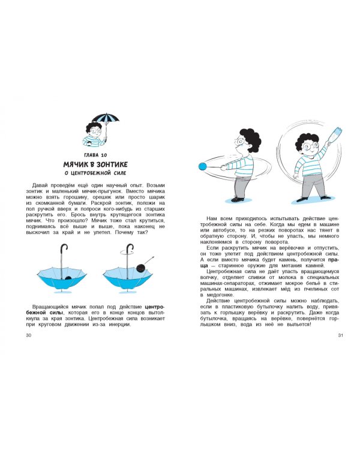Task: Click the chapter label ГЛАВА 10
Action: point(95,155)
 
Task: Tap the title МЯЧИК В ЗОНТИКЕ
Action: point(95,164)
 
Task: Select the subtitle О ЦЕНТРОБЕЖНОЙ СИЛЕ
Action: point(95,173)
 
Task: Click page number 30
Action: point(29,335)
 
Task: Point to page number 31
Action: point(340,335)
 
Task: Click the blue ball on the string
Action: point(203,166)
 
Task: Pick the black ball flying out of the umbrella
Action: point(141,268)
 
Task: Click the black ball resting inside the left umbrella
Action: point(68,278)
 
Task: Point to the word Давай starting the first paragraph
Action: point(40,185)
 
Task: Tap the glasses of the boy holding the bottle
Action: point(310,146)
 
